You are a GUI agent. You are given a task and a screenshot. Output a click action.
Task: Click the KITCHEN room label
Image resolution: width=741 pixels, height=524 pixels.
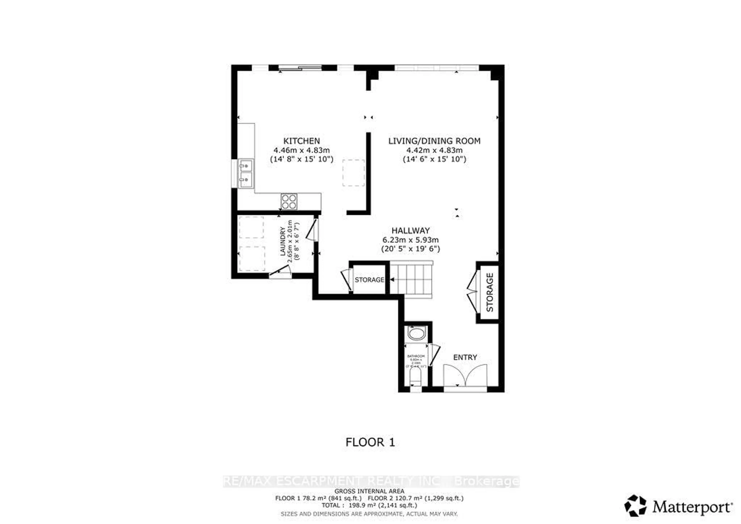tap(301, 141)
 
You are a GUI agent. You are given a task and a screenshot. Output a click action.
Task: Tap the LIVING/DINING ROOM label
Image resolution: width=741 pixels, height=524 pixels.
tap(434, 141)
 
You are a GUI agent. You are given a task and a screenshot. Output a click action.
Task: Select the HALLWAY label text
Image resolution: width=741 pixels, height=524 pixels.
tap(410, 230)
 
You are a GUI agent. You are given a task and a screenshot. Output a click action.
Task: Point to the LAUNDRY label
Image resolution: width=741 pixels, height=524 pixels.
tap(283, 241)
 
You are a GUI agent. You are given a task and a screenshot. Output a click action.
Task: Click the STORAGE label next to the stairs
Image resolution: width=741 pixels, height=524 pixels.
tap(369, 280)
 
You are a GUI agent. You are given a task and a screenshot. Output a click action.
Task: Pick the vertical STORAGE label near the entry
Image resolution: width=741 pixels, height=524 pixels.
tap(490, 292)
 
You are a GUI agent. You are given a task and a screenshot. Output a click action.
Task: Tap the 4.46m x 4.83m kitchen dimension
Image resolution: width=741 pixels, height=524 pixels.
tap(301, 150)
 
